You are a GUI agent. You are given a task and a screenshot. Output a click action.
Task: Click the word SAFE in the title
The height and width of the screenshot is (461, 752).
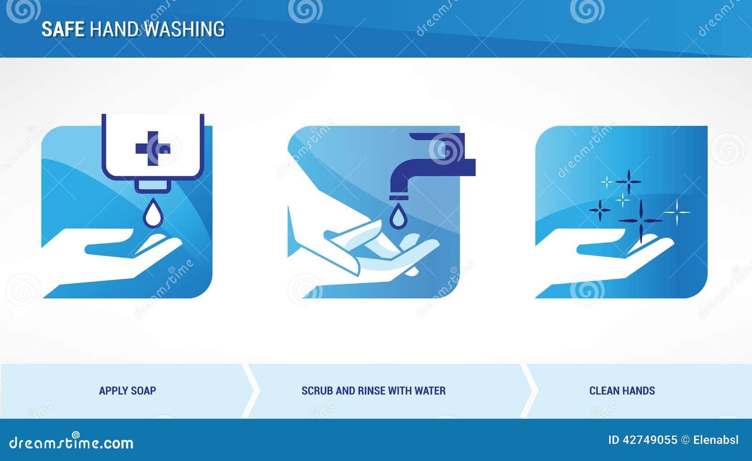(x=63, y=29)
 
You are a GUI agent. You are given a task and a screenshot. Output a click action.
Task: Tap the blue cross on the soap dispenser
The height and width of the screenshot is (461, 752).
(x=152, y=148)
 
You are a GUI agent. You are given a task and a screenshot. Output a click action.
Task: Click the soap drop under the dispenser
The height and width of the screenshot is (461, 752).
(x=153, y=214)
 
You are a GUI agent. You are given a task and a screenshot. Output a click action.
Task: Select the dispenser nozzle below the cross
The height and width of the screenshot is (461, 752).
(x=153, y=185)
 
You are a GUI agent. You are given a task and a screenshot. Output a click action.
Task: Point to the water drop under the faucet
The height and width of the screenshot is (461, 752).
(x=398, y=217)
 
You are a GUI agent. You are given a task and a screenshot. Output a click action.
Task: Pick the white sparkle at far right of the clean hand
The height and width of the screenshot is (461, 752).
(x=677, y=212)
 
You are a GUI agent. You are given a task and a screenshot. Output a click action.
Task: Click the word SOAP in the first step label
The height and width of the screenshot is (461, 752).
(x=144, y=391)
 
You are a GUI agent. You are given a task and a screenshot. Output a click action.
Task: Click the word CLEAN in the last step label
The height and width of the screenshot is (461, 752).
(x=604, y=391)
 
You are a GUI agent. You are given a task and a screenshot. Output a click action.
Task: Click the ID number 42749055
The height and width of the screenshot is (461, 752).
(x=650, y=440)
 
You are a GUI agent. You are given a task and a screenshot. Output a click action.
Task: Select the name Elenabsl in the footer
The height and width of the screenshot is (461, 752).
(x=716, y=440)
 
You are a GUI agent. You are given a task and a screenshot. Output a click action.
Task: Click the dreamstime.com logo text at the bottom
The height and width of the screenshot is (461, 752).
(x=71, y=443)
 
